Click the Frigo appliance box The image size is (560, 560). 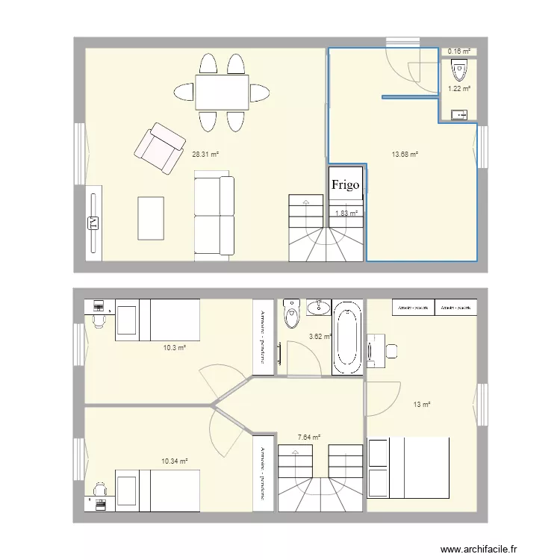[346, 184]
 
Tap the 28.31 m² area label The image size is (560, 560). [205, 155]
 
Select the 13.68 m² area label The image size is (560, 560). [405, 155]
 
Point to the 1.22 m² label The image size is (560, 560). [458, 89]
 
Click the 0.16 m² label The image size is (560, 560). [458, 52]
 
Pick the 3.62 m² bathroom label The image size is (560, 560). [320, 337]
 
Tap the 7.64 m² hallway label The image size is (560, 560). [308, 438]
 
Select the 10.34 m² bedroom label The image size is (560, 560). [175, 461]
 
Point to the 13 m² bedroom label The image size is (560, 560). [422, 405]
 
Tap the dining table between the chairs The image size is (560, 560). [222, 92]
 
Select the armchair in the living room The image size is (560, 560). [159, 147]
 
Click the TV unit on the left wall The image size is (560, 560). [93, 223]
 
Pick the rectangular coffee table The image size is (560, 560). [151, 218]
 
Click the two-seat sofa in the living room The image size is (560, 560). [214, 217]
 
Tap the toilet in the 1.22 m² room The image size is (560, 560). [458, 72]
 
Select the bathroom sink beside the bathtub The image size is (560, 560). [319, 307]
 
